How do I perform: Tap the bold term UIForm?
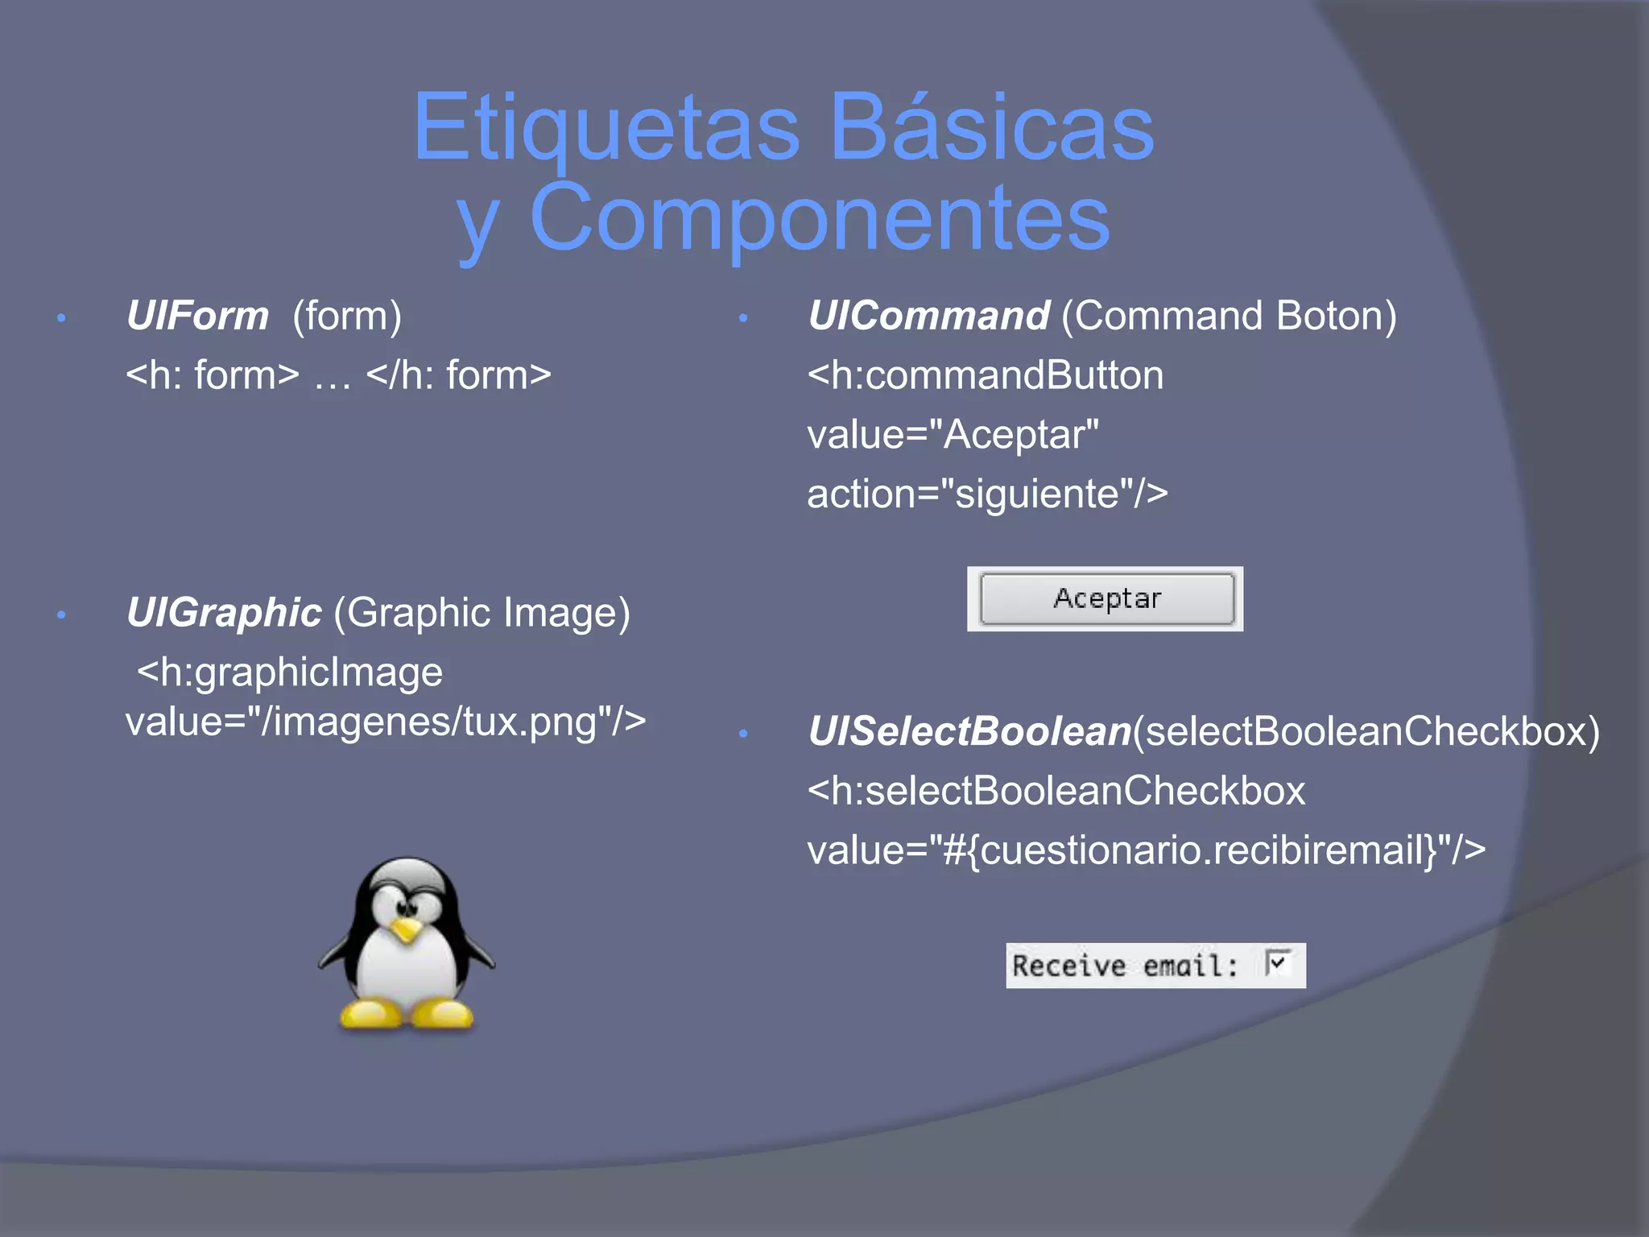click(197, 316)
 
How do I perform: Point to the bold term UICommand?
click(928, 316)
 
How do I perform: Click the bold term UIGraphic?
click(224, 613)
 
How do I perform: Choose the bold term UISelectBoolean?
click(969, 731)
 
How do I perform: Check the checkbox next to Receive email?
click(1278, 963)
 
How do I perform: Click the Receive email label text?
click(1124, 966)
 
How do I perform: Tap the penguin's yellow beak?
click(407, 931)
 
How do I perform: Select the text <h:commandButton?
click(986, 375)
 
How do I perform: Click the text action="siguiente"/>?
click(987, 494)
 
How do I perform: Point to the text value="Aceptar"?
click(953, 435)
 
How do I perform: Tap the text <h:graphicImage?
click(290, 672)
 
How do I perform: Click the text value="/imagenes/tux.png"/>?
click(386, 722)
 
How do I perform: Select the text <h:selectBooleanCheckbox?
click(1056, 791)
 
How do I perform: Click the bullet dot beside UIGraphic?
click(61, 616)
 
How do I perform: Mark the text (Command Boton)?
click(1229, 316)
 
